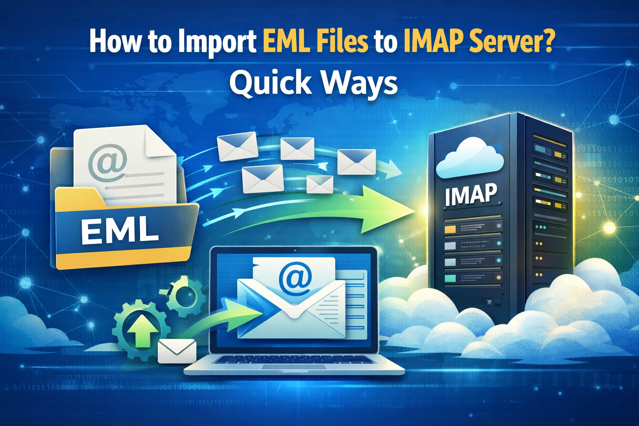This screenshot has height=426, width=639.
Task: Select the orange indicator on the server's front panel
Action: pos(450,229)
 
